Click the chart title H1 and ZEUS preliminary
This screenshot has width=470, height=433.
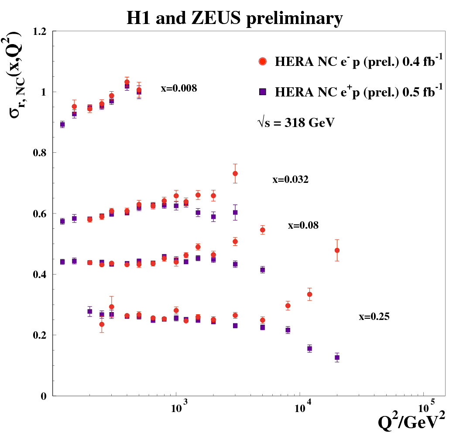(234, 18)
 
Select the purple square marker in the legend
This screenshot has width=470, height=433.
(263, 91)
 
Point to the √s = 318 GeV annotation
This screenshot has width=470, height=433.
(295, 123)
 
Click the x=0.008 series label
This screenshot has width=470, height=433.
(179, 89)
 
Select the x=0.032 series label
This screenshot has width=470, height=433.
(291, 179)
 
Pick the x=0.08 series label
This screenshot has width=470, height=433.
(303, 226)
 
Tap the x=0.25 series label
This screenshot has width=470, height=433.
(374, 317)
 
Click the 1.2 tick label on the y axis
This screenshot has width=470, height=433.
(40, 32)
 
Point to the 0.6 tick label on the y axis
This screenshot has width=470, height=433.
(40, 214)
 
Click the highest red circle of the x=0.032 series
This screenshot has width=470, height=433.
(235, 173)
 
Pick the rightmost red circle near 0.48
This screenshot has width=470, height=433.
(337, 250)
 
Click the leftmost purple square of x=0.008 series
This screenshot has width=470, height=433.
(62, 124)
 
